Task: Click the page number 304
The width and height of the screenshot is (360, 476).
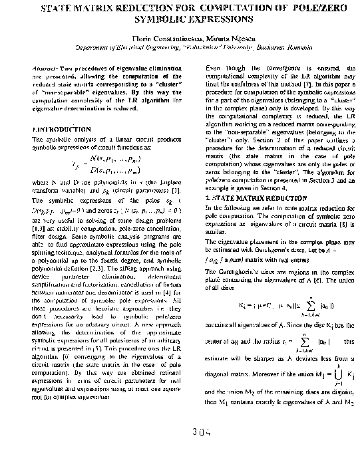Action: pyautogui.click(x=198, y=433)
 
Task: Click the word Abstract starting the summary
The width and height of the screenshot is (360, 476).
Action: pyautogui.click(x=43, y=69)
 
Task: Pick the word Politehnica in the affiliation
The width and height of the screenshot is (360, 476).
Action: pyautogui.click(x=209, y=49)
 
